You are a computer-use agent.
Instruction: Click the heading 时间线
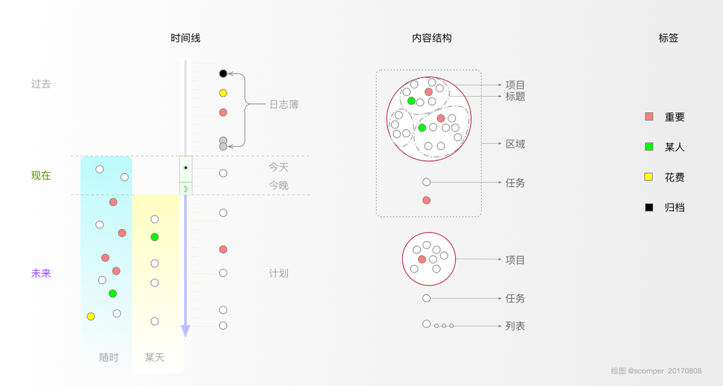click(x=185, y=38)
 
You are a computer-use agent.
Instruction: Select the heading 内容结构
click(x=432, y=38)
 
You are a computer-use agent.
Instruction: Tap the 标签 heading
click(x=668, y=38)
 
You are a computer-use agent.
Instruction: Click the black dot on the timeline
click(x=223, y=73)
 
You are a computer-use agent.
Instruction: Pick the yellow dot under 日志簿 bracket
click(x=223, y=93)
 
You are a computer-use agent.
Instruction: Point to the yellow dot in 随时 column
click(x=91, y=316)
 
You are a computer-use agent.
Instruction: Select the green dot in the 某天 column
click(x=154, y=237)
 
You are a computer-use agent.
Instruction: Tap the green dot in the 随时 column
click(x=113, y=294)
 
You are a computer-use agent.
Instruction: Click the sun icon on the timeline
click(x=186, y=168)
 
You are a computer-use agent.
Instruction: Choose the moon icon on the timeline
click(x=186, y=189)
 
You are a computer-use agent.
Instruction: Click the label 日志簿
click(x=284, y=104)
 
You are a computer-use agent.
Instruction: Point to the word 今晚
click(x=279, y=186)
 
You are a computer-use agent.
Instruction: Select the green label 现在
click(x=41, y=175)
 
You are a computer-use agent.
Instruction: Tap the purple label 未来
click(x=41, y=273)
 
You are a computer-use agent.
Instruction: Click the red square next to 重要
click(x=649, y=117)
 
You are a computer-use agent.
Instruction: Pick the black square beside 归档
click(x=649, y=207)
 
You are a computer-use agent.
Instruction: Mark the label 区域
click(x=515, y=144)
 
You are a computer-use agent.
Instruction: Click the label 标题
click(x=515, y=96)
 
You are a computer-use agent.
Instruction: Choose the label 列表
click(x=515, y=326)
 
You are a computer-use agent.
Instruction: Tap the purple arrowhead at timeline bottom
click(x=185, y=331)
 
